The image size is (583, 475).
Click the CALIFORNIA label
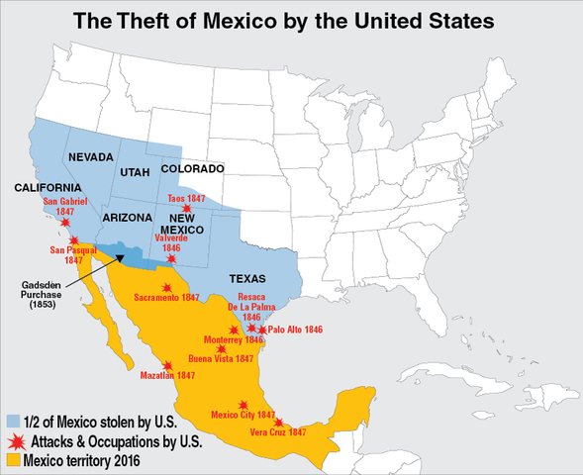coord(47,188)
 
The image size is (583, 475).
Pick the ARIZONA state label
coord(127,217)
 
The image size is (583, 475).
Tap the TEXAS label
coord(247,279)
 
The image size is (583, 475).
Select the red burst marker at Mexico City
coord(243,405)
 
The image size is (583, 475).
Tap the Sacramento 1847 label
coord(167,297)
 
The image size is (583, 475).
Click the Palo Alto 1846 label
coord(296,329)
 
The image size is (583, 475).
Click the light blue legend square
coord(13,420)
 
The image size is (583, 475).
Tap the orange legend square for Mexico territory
coord(13,460)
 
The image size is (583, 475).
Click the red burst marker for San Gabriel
coord(65,223)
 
